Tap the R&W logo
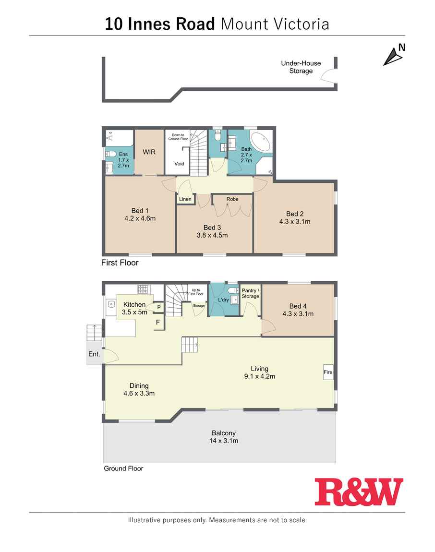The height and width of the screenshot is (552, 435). (x=359, y=492)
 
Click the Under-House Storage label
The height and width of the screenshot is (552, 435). (x=301, y=67)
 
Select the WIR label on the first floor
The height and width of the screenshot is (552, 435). (x=148, y=152)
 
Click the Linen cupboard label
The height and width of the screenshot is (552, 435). (x=185, y=199)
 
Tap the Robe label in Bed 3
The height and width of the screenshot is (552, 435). (x=232, y=199)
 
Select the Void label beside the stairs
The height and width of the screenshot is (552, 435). (x=179, y=164)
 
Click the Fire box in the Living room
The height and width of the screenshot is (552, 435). (x=328, y=372)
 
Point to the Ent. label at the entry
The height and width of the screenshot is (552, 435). (x=94, y=354)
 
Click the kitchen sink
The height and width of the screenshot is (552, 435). (x=111, y=304)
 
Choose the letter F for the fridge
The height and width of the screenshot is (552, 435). (x=157, y=322)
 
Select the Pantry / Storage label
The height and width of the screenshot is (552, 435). (x=250, y=293)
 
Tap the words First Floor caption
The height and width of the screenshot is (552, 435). (x=120, y=263)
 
